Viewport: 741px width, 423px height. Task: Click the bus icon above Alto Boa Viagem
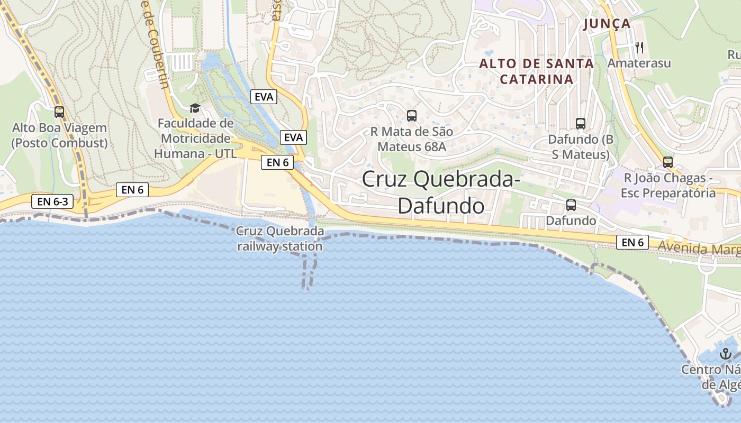pyautogui.click(x=59, y=112)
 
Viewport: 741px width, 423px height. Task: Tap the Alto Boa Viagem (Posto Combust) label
pyautogui.click(x=59, y=135)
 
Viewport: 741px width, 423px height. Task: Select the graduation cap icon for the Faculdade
pyautogui.click(x=195, y=108)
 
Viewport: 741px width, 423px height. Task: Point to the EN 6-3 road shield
pyautogui.click(x=52, y=201)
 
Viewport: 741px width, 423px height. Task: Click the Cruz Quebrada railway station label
pyautogui.click(x=280, y=238)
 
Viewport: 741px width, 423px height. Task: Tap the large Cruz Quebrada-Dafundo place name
pyautogui.click(x=441, y=192)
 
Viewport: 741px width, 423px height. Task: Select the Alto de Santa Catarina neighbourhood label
pyautogui.click(x=536, y=71)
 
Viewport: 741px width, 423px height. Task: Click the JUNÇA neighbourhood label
pyautogui.click(x=607, y=24)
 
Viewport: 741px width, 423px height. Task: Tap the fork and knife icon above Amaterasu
pyautogui.click(x=639, y=48)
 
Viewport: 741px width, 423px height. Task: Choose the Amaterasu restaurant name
pyautogui.click(x=639, y=63)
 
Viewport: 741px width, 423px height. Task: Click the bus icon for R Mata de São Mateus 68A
pyautogui.click(x=412, y=116)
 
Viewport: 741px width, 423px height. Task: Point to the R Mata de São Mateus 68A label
pyautogui.click(x=412, y=139)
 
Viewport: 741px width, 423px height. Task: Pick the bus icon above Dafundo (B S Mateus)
pyautogui.click(x=581, y=124)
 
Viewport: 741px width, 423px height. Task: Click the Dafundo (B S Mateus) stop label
pyautogui.click(x=581, y=147)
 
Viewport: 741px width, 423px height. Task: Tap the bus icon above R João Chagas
pyautogui.click(x=668, y=162)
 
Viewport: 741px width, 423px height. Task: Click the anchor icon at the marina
pyautogui.click(x=725, y=354)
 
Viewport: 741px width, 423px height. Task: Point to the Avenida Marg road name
pyautogui.click(x=699, y=247)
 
